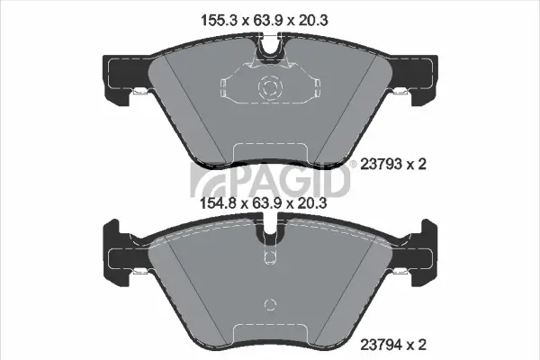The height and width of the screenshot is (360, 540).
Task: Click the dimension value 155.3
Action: click(x=219, y=21)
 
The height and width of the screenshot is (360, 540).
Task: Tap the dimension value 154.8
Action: click(x=219, y=202)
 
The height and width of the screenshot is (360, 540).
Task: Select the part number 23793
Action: click(x=381, y=165)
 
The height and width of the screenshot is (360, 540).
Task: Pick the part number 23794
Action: click(x=381, y=344)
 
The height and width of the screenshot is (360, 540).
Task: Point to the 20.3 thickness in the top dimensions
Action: click(x=312, y=21)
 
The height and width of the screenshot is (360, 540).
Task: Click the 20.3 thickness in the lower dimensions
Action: click(x=311, y=202)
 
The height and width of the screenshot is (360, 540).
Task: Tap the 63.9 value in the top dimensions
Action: click(x=268, y=21)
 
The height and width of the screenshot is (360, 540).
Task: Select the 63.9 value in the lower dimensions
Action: click(x=267, y=202)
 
